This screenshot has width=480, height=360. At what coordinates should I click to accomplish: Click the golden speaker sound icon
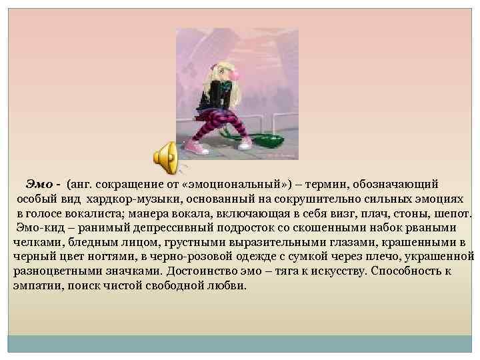(x=165, y=155)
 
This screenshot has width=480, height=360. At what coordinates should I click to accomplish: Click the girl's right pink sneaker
(x=245, y=142)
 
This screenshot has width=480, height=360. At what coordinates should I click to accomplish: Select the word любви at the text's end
(x=229, y=286)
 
